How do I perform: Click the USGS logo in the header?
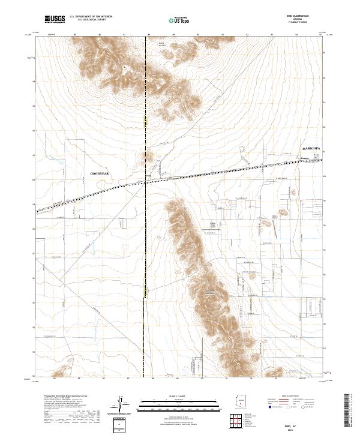click(55, 19)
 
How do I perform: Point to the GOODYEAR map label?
click(100, 172)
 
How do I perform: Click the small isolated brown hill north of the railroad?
click(147, 157)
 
